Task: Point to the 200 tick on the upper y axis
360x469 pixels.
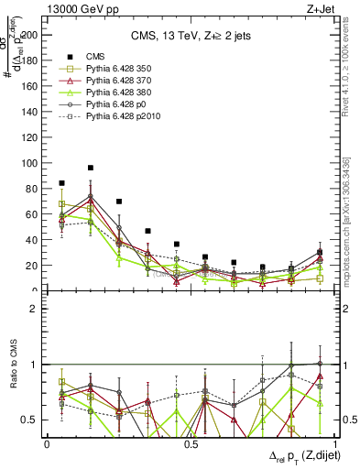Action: pyautogui.click(x=31, y=35)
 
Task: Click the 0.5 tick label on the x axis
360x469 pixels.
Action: pyautogui.click(x=191, y=444)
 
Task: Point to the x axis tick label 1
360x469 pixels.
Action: pyautogui.click(x=333, y=444)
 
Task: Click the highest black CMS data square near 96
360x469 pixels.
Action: pyautogui.click(x=91, y=169)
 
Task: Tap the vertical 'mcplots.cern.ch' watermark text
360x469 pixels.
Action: pyautogui.click(x=346, y=229)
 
